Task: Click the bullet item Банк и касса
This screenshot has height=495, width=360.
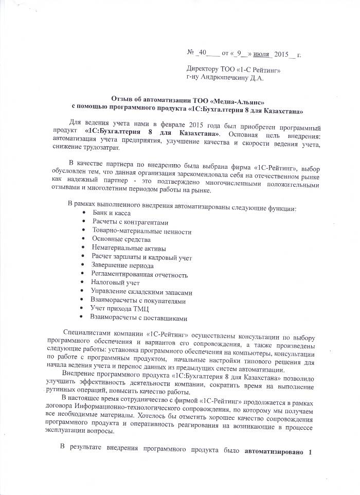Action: point(112,213)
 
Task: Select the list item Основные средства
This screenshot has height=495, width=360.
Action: point(121,239)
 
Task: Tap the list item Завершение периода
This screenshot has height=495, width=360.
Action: point(122,266)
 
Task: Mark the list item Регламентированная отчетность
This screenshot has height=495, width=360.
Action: point(140,275)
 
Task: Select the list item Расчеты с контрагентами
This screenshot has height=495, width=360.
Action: point(130,222)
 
